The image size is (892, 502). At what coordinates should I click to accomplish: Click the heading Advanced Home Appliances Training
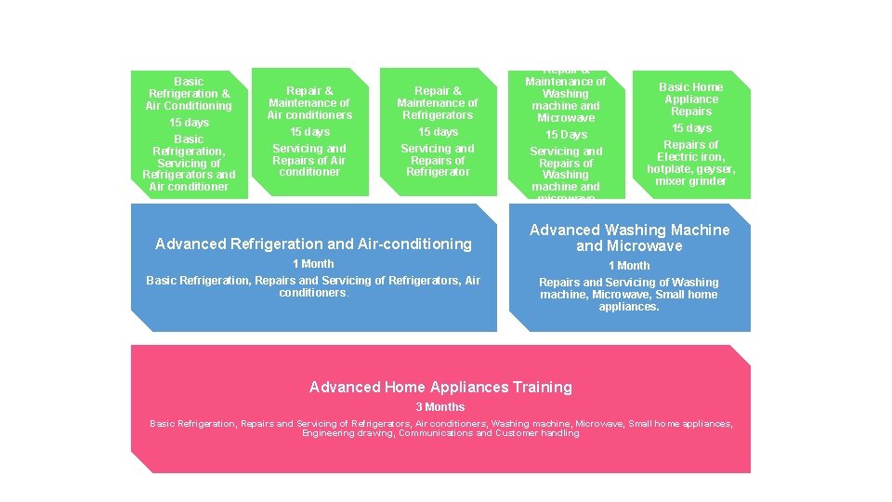pyautogui.click(x=440, y=387)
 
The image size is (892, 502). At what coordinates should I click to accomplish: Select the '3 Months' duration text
pyautogui.click(x=440, y=407)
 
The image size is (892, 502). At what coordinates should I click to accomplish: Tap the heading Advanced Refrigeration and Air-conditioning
pyautogui.click(x=314, y=244)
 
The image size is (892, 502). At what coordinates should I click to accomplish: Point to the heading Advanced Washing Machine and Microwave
pyautogui.click(x=629, y=238)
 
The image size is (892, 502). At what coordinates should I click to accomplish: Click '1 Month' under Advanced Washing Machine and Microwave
pyautogui.click(x=629, y=266)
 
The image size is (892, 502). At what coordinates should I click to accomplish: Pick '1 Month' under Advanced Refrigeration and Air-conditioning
pyautogui.click(x=313, y=264)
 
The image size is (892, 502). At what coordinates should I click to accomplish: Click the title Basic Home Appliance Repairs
pyautogui.click(x=691, y=99)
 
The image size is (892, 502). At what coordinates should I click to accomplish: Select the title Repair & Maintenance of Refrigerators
pyautogui.click(x=438, y=103)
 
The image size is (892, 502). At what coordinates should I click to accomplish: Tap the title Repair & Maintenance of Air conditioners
pyautogui.click(x=309, y=103)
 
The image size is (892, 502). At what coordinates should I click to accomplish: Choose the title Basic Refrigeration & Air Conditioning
pyautogui.click(x=189, y=94)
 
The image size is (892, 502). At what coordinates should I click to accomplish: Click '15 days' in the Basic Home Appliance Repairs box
pyautogui.click(x=691, y=128)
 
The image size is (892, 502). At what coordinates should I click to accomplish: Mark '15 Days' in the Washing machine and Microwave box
pyautogui.click(x=566, y=135)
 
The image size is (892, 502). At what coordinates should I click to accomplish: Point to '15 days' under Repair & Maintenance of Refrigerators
pyautogui.click(x=438, y=132)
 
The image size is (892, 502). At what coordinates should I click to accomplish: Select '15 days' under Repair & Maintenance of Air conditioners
pyautogui.click(x=309, y=132)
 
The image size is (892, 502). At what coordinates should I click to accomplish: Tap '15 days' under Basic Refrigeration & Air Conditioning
pyautogui.click(x=189, y=123)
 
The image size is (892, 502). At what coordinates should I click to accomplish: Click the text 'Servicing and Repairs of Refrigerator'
pyautogui.click(x=438, y=160)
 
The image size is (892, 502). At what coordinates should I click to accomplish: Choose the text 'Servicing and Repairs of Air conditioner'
pyautogui.click(x=309, y=160)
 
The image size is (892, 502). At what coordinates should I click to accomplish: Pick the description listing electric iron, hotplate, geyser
pyautogui.click(x=691, y=163)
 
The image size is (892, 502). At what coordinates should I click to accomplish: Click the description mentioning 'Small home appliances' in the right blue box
pyautogui.click(x=629, y=295)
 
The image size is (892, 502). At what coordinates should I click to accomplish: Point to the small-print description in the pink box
pyautogui.click(x=440, y=428)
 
